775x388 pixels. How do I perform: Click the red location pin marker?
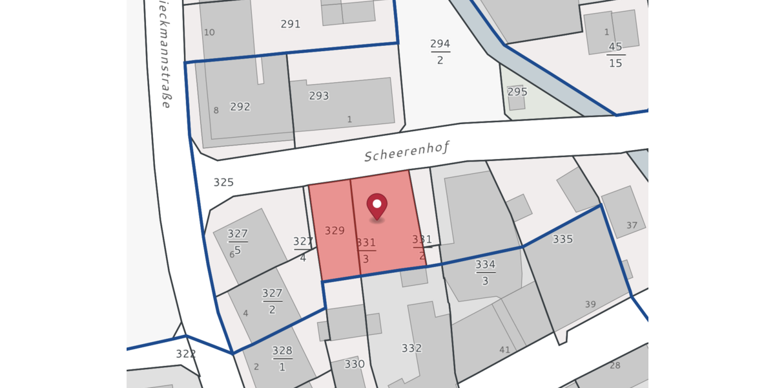click(x=377, y=206)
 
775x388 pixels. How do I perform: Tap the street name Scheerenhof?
click(x=406, y=152)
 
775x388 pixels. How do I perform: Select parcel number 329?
click(x=335, y=230)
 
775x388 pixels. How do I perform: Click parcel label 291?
click(x=291, y=25)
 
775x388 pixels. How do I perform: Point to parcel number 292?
click(x=240, y=107)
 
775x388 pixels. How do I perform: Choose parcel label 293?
click(x=319, y=96)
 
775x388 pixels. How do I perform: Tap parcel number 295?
click(x=517, y=92)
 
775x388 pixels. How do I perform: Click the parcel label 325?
click(x=223, y=182)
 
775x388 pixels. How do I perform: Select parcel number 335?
click(x=563, y=239)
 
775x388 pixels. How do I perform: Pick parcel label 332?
click(x=411, y=349)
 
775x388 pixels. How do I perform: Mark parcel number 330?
click(x=355, y=364)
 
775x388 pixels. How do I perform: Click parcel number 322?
click(x=185, y=354)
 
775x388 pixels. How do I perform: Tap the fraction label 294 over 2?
click(x=440, y=52)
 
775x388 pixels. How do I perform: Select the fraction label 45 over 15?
click(x=615, y=55)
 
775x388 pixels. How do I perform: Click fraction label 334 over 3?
click(x=485, y=272)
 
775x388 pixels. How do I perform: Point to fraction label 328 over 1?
click(x=282, y=358)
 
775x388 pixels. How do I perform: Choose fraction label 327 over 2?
click(x=272, y=301)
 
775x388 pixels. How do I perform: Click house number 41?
click(x=504, y=350)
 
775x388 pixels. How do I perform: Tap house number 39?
click(x=590, y=305)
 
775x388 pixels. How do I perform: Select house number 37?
click(x=632, y=226)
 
